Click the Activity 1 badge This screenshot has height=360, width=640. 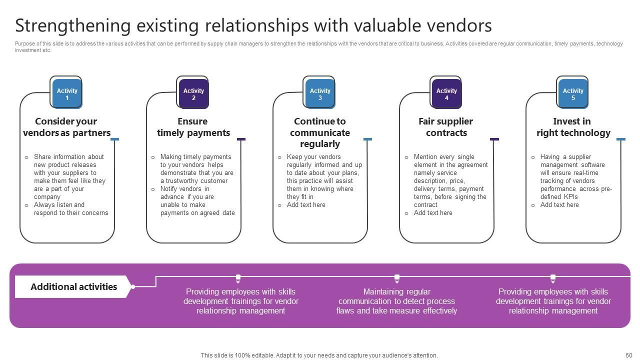tap(67, 94)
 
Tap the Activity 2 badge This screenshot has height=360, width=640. tap(193, 94)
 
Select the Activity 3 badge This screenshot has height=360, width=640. tap(320, 94)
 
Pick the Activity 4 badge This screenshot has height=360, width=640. tap(446, 94)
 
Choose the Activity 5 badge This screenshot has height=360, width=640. tap(573, 94)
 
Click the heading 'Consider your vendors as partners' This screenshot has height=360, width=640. tap(66, 127)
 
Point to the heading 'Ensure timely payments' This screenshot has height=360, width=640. tap(193, 127)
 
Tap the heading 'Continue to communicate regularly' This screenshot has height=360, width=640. tap(320, 132)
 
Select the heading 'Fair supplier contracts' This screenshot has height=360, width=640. tap(446, 127)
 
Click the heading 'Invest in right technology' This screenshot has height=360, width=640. tap(573, 127)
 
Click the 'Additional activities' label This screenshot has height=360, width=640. tap(73, 287)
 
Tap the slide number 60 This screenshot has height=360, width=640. tap(628, 355)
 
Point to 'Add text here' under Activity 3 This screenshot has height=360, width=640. tap(306, 205)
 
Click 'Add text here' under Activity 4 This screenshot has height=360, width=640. tap(433, 213)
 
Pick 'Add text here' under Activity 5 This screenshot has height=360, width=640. tap(559, 205)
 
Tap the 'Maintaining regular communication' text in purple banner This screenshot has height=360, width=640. tap(396, 301)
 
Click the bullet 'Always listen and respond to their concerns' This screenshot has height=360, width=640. tap(70, 209)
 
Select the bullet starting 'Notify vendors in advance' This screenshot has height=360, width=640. tap(197, 201)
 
